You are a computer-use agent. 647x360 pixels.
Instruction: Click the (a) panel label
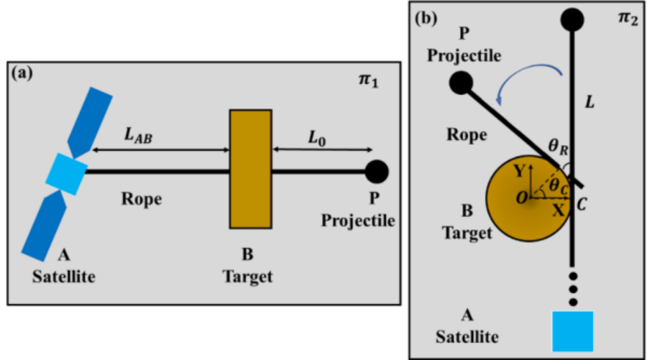[22, 74]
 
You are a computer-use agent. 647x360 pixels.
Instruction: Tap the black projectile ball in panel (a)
[377, 172]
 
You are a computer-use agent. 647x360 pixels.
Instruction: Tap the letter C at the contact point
[583, 204]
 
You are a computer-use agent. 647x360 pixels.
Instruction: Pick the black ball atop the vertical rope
[572, 18]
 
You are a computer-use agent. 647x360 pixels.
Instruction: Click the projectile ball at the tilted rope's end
[457, 83]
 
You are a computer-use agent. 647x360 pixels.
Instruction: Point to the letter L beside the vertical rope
[590, 103]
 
